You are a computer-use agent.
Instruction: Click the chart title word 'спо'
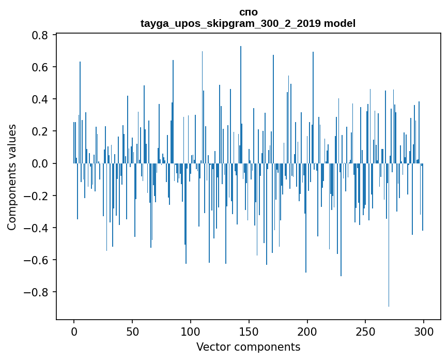point(248,12)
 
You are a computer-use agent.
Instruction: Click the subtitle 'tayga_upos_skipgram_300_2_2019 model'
point(248,24)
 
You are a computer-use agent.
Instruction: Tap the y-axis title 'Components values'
point(12,177)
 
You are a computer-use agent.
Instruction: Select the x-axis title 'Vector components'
point(248,347)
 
